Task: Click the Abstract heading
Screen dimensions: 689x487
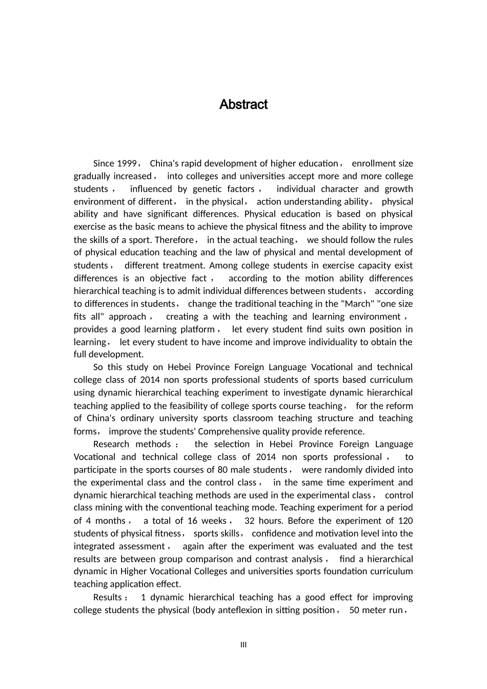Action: (243, 105)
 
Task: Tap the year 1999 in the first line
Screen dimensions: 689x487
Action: (127, 164)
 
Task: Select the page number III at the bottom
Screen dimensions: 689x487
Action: (243, 645)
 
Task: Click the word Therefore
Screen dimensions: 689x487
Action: (174, 240)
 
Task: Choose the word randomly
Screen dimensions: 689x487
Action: (347, 470)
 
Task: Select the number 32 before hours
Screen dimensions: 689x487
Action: (250, 521)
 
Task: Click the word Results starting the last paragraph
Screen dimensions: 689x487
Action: (108, 597)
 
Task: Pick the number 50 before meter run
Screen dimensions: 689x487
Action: (354, 610)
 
